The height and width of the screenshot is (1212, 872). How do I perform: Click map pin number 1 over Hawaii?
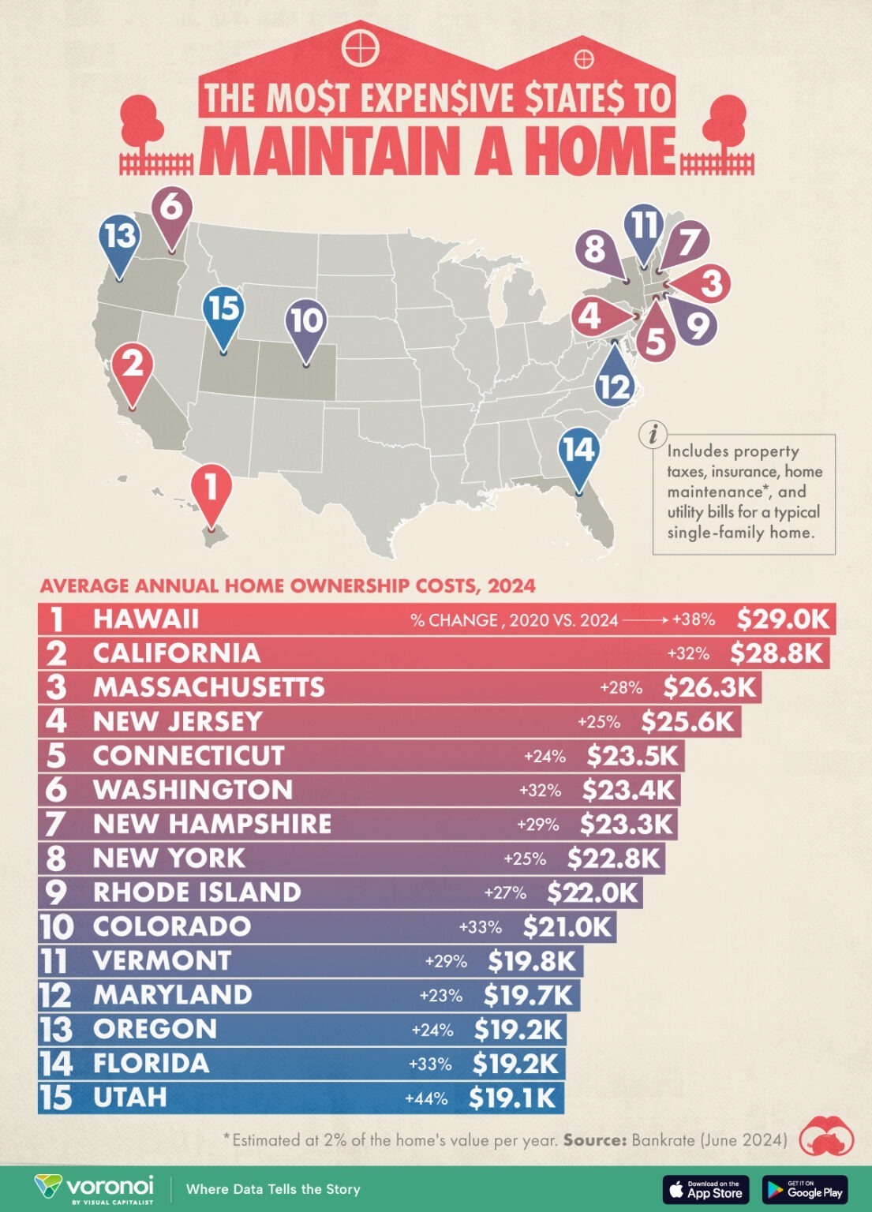[211, 489]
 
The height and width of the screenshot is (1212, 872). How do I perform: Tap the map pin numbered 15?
[223, 309]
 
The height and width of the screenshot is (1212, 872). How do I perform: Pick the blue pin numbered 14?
[578, 451]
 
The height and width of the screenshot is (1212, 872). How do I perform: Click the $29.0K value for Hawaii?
[783, 619]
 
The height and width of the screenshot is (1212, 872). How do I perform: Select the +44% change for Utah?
[426, 1098]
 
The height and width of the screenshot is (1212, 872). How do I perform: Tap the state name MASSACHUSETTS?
[209, 687]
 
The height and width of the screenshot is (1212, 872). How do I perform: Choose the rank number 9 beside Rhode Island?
[57, 892]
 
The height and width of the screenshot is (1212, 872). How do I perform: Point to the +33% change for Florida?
[430, 1064]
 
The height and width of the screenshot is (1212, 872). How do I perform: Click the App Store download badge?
[705, 1188]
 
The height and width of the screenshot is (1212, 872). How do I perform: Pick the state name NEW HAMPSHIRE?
[212, 824]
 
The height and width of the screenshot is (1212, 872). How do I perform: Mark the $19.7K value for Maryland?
[528, 995]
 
